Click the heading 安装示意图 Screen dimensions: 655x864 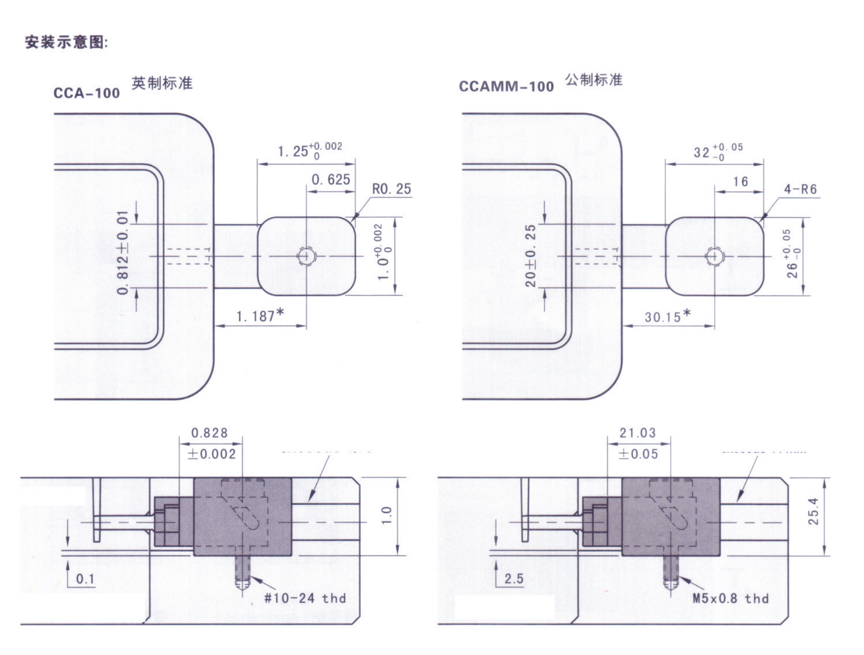point(67,42)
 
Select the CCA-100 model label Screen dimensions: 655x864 point(87,93)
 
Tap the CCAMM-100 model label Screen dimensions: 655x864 point(506,87)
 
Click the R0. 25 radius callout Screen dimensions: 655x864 point(392,189)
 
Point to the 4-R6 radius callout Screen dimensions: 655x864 point(800,189)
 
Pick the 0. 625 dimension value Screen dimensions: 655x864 point(331,179)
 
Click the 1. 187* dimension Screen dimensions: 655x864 point(260,316)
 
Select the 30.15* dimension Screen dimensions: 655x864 point(667,316)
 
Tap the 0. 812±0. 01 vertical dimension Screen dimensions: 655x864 point(123,252)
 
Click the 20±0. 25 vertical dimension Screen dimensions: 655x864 point(530,256)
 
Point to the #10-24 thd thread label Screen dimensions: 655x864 point(305,599)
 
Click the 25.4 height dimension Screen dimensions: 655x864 point(814,511)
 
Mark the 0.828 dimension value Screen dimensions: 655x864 point(209,433)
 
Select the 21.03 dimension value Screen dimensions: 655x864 point(638,433)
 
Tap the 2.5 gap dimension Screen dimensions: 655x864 point(514,578)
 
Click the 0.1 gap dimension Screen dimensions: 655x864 point(85,578)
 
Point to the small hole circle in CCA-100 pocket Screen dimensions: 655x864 point(307,256)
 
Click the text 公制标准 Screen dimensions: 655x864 point(593,80)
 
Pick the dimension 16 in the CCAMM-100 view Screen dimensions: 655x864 point(741,182)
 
